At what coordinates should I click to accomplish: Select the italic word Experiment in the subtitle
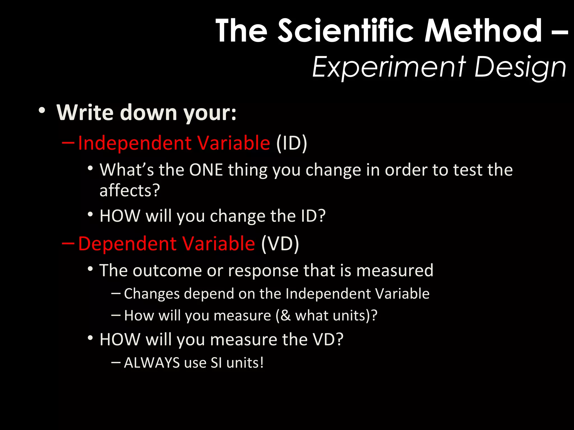[x=389, y=67]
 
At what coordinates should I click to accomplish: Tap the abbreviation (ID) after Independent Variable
[x=291, y=143]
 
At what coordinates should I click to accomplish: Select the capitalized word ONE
[x=206, y=170]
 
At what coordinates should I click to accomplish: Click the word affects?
[x=130, y=191]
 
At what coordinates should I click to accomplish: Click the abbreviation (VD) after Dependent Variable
[x=280, y=244]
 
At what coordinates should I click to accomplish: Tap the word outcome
[x=167, y=270]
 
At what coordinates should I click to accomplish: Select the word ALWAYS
[x=152, y=363]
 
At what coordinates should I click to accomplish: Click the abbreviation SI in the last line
[x=216, y=363]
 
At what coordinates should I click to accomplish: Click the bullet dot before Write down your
[x=42, y=110]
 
